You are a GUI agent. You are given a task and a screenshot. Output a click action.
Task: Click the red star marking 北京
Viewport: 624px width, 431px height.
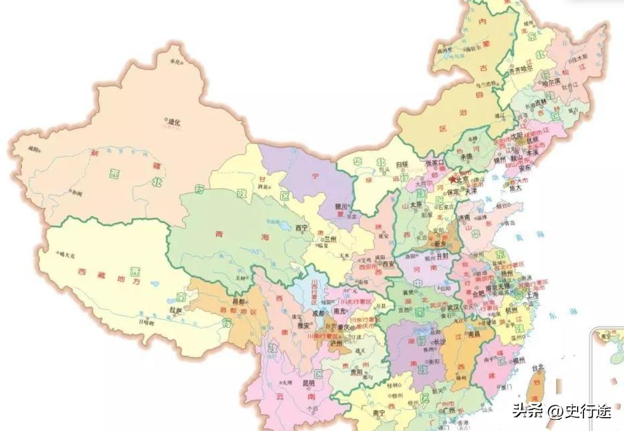[452, 180]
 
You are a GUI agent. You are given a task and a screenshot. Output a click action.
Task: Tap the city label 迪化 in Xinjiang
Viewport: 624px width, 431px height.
[174, 122]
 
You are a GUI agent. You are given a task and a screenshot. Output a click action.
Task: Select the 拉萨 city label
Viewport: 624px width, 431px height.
[176, 310]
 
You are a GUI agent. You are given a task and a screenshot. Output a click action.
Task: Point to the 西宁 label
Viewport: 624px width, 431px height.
[302, 228]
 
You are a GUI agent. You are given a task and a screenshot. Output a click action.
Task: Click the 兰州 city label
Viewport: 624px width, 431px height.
[330, 240]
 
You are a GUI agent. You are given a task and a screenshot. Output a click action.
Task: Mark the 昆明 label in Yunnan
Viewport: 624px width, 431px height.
[309, 383]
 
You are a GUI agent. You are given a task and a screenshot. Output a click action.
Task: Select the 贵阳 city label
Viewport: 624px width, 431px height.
[357, 372]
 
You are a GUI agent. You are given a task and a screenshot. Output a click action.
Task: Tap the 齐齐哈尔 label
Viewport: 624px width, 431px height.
[520, 69]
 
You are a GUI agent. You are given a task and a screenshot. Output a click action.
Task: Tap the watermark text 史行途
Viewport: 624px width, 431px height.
[581, 410]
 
